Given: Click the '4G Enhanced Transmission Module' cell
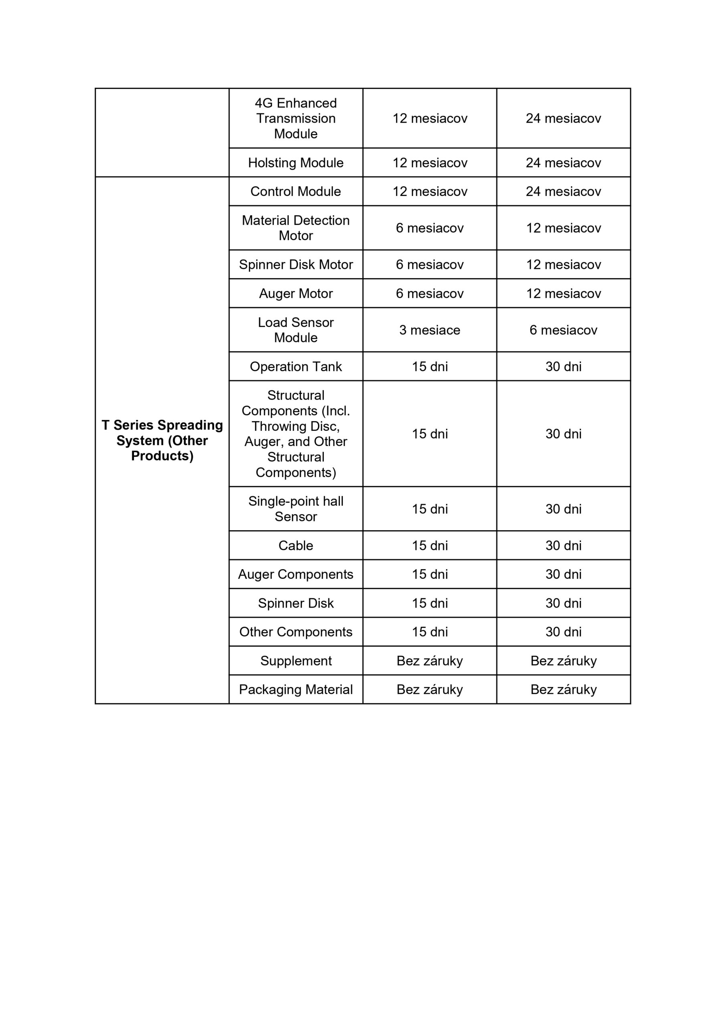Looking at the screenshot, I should (x=295, y=118).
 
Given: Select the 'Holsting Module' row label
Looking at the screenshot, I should (x=295, y=163).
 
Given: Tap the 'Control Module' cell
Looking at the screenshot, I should (x=295, y=191).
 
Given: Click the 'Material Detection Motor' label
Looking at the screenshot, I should (x=295, y=228).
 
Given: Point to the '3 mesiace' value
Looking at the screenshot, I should (x=429, y=330).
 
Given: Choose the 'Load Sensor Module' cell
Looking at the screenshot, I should (x=295, y=330).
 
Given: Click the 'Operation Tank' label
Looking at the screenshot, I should (x=295, y=366).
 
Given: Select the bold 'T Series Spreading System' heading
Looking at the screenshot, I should (x=162, y=440).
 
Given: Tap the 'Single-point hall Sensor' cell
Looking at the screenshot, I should (x=295, y=509).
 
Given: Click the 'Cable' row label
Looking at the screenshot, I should (x=295, y=545).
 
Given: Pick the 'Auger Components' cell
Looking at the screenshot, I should (x=295, y=574).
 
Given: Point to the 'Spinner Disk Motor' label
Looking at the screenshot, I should (x=295, y=265).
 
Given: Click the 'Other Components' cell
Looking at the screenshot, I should (x=295, y=632).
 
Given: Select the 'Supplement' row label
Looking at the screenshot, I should (x=295, y=660).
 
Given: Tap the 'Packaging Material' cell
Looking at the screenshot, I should (x=295, y=689).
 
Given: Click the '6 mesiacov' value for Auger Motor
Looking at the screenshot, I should (x=429, y=294).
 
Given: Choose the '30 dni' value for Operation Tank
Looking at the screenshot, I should (x=563, y=366).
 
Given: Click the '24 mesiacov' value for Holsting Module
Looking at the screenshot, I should (x=563, y=163).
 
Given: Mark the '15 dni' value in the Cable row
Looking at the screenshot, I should (x=429, y=545).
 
